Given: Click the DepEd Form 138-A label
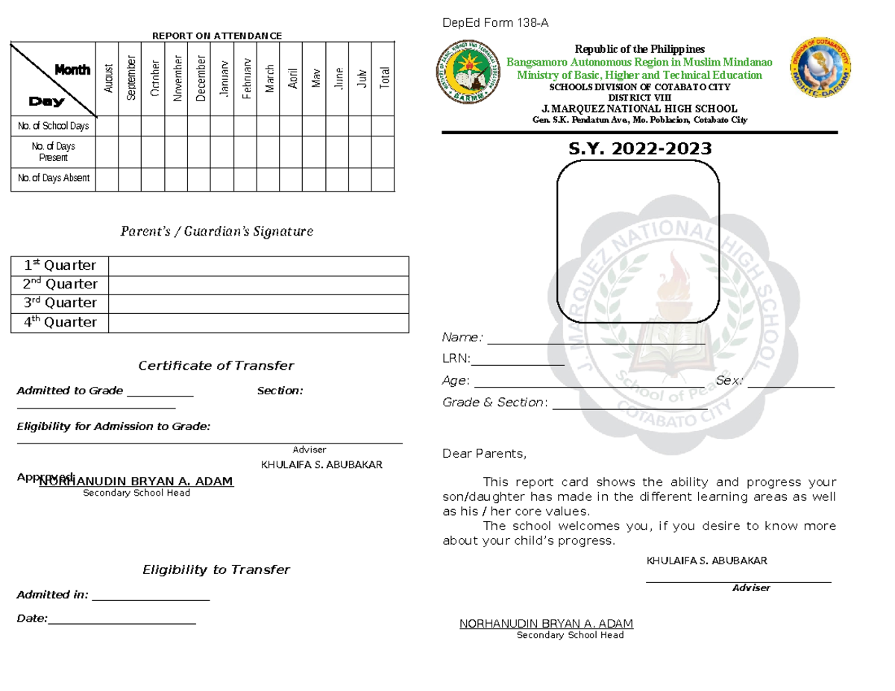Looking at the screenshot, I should [495, 23].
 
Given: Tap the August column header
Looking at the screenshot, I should [108, 78].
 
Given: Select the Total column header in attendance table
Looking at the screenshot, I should [384, 78].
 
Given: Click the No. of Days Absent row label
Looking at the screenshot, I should [54, 178].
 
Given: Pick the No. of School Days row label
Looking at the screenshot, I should [54, 126].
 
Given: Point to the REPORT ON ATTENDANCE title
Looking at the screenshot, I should [217, 36].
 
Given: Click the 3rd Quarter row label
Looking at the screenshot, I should [60, 303].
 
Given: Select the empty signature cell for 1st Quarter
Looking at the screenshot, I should [258, 265].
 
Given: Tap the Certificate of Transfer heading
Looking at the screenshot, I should [216, 365].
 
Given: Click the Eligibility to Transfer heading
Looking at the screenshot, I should [216, 569].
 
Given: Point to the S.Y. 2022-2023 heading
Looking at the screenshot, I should [640, 149].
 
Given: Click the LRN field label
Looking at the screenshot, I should [456, 359].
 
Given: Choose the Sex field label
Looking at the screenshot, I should [729, 381].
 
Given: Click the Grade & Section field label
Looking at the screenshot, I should [495, 403].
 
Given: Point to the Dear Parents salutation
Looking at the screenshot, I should [484, 454].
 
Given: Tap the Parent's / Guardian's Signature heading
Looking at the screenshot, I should [216, 231].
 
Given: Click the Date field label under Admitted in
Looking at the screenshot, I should [32, 619].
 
